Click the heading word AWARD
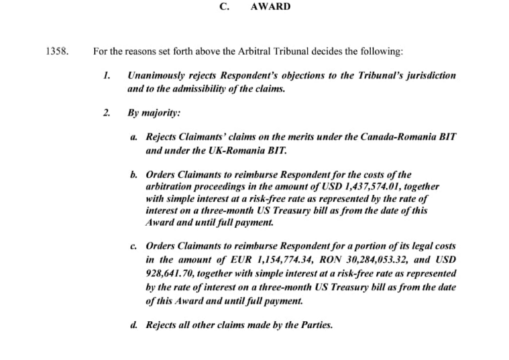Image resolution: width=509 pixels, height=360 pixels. tap(270, 7)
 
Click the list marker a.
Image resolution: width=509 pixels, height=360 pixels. tap(134, 136)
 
